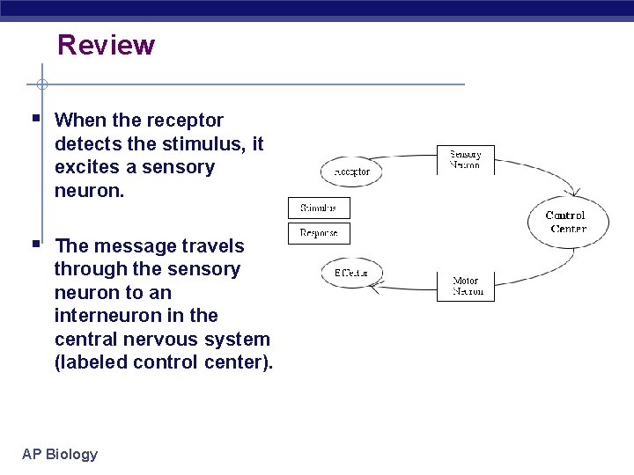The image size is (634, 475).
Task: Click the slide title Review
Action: (x=106, y=45)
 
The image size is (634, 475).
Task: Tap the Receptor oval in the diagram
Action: (x=352, y=172)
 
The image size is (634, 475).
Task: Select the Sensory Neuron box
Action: (x=466, y=160)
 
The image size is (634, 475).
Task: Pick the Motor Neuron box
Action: (x=466, y=287)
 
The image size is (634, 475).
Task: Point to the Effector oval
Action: (x=351, y=274)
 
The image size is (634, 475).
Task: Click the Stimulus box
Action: (x=319, y=208)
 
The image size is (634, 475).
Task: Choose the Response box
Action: (x=319, y=233)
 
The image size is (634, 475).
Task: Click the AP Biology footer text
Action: (x=60, y=454)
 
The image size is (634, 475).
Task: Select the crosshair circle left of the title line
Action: (x=41, y=84)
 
